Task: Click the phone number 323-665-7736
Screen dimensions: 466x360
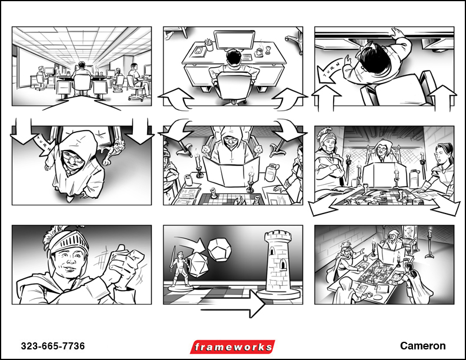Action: point(53,346)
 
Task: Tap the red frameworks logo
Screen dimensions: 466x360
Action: point(232,347)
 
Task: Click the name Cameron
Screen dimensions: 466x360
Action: point(422,346)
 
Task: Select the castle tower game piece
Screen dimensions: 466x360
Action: point(278,264)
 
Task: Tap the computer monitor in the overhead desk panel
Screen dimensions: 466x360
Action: point(235,41)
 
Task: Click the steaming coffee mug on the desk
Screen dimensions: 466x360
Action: point(259,52)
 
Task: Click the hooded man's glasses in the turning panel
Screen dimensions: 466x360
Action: point(74,159)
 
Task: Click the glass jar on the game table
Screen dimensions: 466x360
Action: point(271,172)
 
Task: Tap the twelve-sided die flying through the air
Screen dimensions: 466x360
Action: point(219,250)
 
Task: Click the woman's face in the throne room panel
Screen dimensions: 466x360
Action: point(441,156)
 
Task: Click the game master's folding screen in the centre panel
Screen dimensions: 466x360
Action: point(231,171)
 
